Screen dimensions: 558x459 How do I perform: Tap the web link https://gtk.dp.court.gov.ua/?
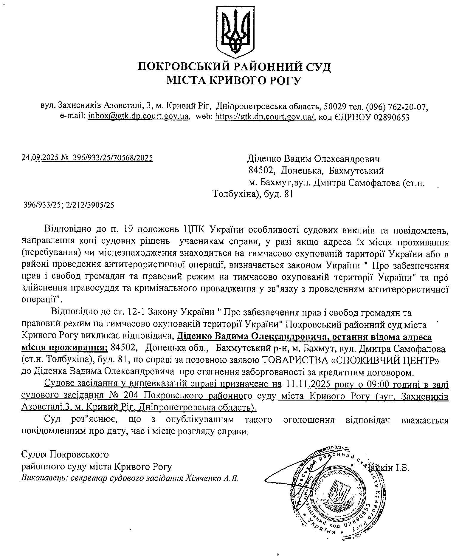[265, 117]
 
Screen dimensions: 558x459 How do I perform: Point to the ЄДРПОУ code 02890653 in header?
[391, 117]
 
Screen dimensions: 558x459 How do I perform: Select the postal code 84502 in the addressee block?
[261, 171]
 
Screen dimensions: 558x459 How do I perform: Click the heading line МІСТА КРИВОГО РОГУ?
[234, 80]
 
